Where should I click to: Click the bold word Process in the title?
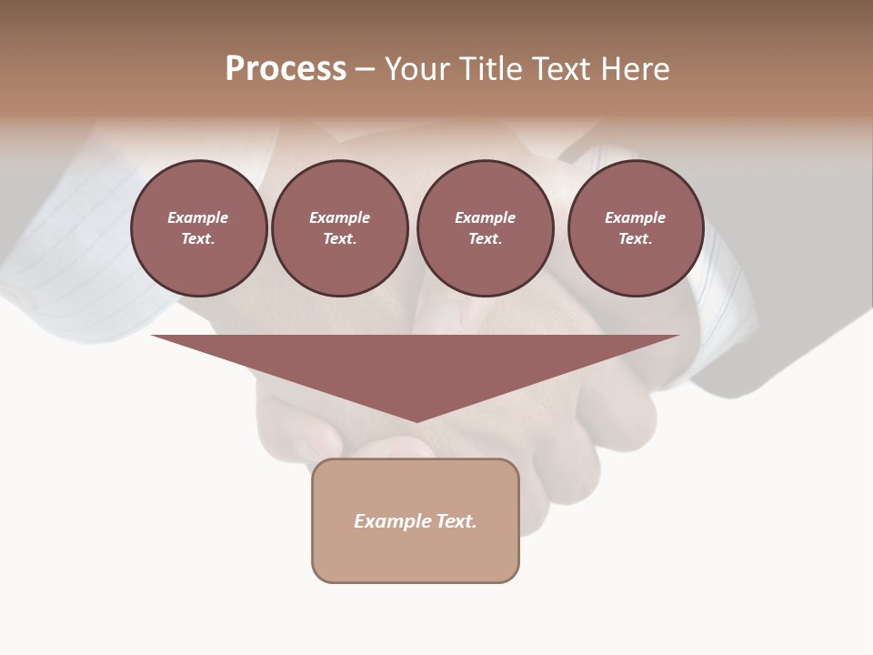pyautogui.click(x=286, y=69)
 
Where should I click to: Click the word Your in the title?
pyautogui.click(x=418, y=69)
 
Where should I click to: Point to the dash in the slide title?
pyautogui.click(x=365, y=70)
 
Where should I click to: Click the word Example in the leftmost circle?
pyautogui.click(x=198, y=217)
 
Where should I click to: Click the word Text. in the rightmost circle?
pyautogui.click(x=636, y=238)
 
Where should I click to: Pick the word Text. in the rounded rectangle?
pyautogui.click(x=457, y=521)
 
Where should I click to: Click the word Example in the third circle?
pyautogui.click(x=485, y=217)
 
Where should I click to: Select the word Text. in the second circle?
pyautogui.click(x=339, y=238)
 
